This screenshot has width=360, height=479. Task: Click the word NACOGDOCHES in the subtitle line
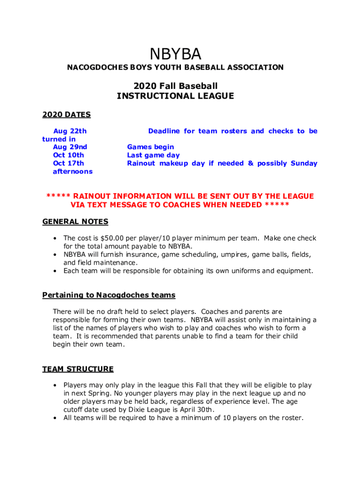[x=93, y=67]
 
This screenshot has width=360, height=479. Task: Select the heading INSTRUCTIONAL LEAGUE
[x=175, y=96]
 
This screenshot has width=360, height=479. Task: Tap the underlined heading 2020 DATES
[x=66, y=115]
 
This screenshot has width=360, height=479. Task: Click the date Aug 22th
[x=70, y=131]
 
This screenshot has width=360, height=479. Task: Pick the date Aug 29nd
[x=70, y=147]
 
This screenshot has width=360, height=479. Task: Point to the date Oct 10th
[x=69, y=155]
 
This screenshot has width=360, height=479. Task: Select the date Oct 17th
[x=69, y=163]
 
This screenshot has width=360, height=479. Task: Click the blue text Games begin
[x=151, y=147]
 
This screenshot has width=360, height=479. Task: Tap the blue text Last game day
[x=153, y=155]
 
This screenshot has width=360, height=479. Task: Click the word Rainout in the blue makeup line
[x=141, y=163]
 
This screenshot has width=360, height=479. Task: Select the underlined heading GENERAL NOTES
[x=75, y=221]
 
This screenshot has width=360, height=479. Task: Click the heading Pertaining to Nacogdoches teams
[x=109, y=295]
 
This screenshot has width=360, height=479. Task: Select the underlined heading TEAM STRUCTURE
[x=78, y=369]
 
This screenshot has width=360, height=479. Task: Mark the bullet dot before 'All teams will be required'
[x=55, y=418]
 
